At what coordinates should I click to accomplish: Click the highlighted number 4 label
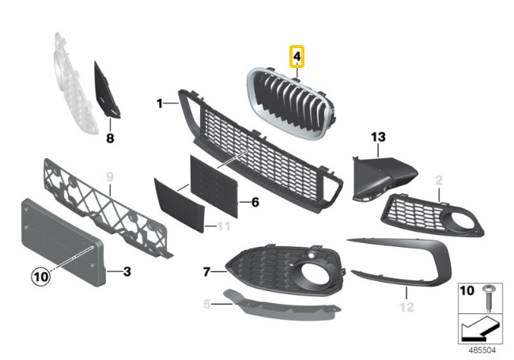click(297, 57)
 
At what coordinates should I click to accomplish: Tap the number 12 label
click(406, 305)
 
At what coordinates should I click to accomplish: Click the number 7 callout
click(206, 271)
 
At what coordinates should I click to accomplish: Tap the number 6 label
click(255, 202)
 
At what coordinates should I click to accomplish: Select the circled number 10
click(40, 276)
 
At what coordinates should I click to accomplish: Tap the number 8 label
click(111, 138)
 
